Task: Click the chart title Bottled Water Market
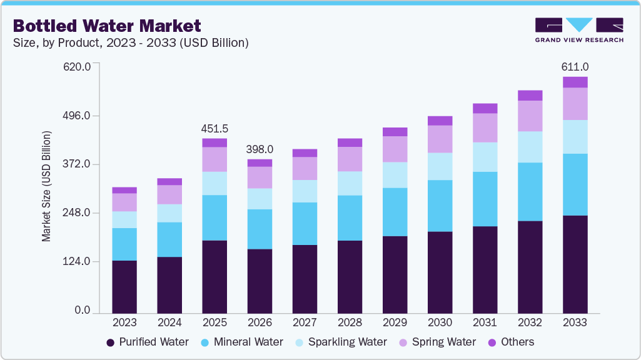(107, 26)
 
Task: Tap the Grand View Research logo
(578, 29)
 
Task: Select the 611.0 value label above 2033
(575, 66)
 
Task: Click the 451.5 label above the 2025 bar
(215, 129)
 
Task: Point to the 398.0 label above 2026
(260, 149)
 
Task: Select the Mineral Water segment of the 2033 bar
(575, 184)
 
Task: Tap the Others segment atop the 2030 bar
(440, 121)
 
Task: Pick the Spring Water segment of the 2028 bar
(350, 159)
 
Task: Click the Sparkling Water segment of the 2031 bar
(485, 157)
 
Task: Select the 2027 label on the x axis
(305, 323)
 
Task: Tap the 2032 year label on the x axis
(530, 323)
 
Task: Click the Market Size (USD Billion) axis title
(46, 186)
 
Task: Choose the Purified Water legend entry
(147, 342)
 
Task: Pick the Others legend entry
(511, 342)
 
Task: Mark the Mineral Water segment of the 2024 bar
(169, 239)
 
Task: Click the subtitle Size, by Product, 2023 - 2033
(131, 43)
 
